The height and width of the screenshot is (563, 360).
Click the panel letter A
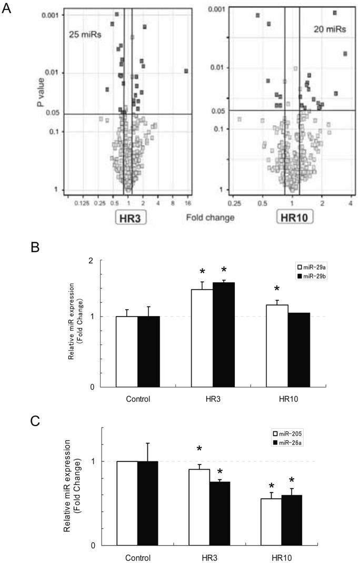coord(7,9)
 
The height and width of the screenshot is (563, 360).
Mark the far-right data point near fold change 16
coord(186,71)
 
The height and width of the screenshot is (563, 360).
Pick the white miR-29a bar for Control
coord(126,351)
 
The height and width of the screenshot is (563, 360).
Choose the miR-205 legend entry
coord(287,434)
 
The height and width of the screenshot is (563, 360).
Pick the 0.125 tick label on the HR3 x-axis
coord(82,202)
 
